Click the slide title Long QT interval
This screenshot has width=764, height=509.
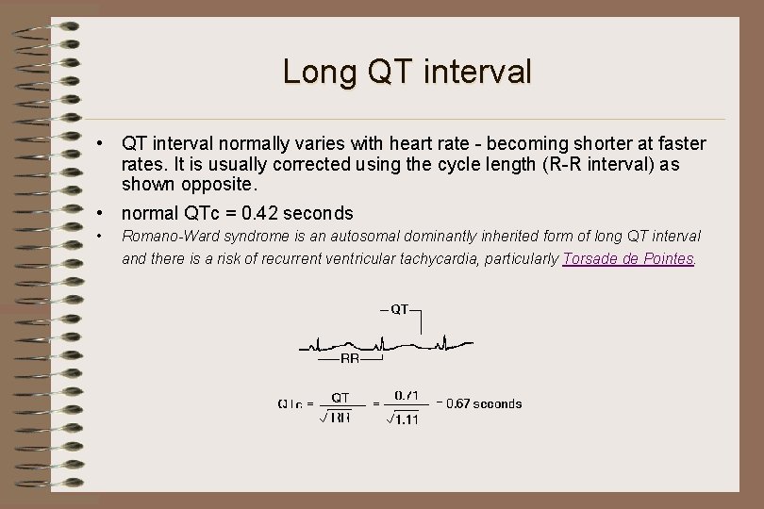pos(407,72)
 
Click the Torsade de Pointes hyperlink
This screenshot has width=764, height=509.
pos(627,258)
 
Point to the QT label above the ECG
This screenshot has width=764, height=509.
pos(400,308)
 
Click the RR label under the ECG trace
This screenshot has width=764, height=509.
pos(349,359)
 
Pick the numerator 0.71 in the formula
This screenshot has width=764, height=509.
pos(407,395)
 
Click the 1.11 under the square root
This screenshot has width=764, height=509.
pos(406,419)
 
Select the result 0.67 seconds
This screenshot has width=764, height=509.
pos(483,403)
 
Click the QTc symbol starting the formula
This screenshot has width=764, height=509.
pos(290,404)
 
